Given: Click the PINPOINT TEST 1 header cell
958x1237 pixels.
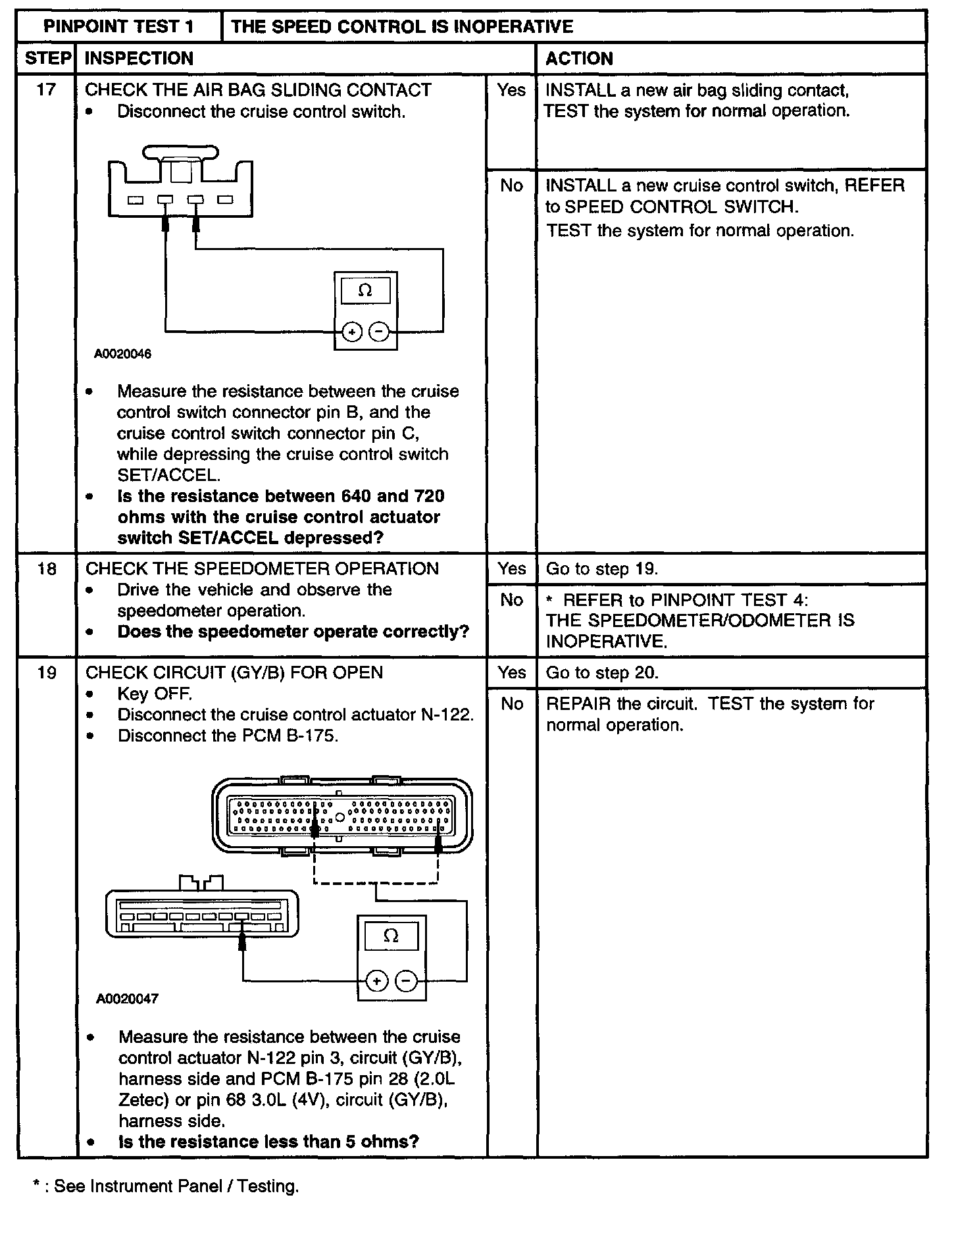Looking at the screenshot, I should [x=118, y=26].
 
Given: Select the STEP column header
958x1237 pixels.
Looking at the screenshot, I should [x=47, y=59].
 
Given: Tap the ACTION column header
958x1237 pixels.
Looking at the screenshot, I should [x=579, y=59].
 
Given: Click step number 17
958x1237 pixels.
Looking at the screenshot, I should [x=46, y=90].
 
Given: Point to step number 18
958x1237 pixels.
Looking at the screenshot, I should [x=47, y=569].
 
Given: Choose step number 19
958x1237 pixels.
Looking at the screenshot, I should [x=47, y=673].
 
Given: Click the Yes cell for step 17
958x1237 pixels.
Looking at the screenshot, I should [x=511, y=90].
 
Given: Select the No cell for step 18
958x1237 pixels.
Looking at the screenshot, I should [x=511, y=600].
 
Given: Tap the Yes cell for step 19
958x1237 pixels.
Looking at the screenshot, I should [x=511, y=673].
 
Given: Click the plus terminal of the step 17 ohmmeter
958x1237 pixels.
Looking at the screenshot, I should [x=352, y=332].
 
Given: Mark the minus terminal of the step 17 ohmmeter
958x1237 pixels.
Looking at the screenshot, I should [x=379, y=332].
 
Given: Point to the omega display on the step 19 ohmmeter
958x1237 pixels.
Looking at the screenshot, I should [x=391, y=936].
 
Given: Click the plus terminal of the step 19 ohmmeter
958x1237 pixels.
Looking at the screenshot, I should [x=376, y=982].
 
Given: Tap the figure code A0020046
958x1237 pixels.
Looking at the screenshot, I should [x=122, y=354].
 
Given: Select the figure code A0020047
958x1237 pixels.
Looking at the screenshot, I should [x=127, y=999].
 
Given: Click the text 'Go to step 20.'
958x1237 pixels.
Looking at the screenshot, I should [x=602, y=673].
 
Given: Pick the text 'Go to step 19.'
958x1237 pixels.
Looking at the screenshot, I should [x=602, y=569].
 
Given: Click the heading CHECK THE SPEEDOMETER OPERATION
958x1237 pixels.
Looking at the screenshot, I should [x=262, y=569].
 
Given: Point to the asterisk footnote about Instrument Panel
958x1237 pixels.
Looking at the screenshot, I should [x=166, y=1186].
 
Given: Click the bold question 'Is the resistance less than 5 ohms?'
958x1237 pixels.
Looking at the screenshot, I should [x=268, y=1142].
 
